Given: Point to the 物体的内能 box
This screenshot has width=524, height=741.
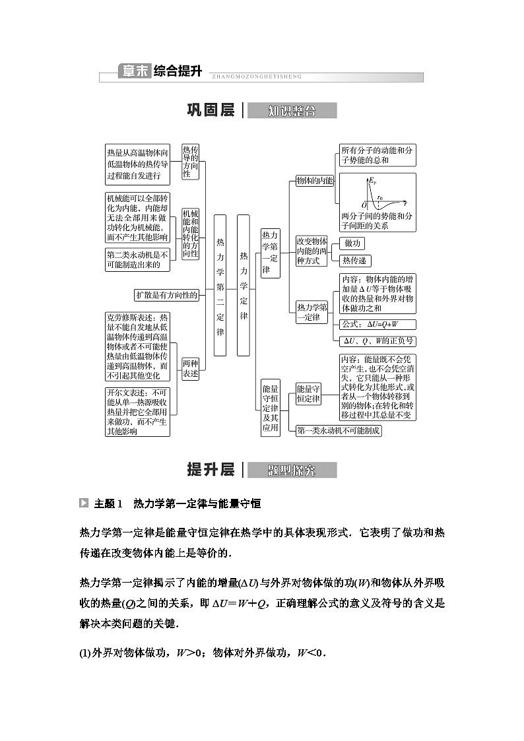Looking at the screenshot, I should coord(315,180).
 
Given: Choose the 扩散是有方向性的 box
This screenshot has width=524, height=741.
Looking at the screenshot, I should coord(166,295).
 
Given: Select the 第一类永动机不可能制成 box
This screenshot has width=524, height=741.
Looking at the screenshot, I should coord(339,430).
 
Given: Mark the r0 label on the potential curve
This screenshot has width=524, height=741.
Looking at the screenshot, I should coord(381,196).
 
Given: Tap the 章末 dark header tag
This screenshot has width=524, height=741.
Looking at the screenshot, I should coord(134,71).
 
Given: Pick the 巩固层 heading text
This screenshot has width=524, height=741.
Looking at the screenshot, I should coord(211,111).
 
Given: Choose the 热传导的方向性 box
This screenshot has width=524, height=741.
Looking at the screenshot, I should coord(191,162).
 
